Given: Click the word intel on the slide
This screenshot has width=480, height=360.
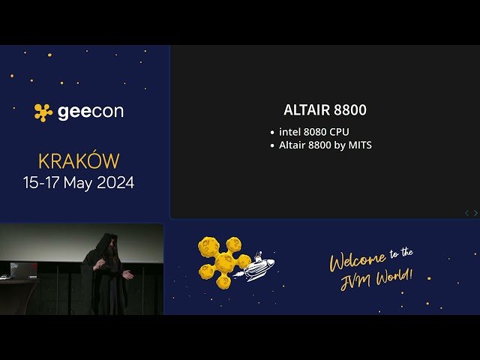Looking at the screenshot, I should tap(292, 132).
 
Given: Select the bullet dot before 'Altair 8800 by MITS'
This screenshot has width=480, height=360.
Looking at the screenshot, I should tap(272, 145).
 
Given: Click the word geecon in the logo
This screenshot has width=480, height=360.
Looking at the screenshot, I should tap(91, 112).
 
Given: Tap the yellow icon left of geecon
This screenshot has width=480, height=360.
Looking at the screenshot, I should tap(43, 112).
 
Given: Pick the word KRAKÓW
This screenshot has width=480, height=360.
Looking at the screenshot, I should tap(79, 161).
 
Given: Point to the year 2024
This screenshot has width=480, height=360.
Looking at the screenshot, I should tap(115, 182).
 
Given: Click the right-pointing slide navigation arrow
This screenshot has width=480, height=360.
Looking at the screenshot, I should tap(475, 213).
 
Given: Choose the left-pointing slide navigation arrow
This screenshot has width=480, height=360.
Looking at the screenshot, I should tap(466, 213).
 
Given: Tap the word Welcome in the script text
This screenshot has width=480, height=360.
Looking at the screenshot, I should tap(358, 261).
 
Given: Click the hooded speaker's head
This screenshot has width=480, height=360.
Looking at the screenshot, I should tap(106, 244).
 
